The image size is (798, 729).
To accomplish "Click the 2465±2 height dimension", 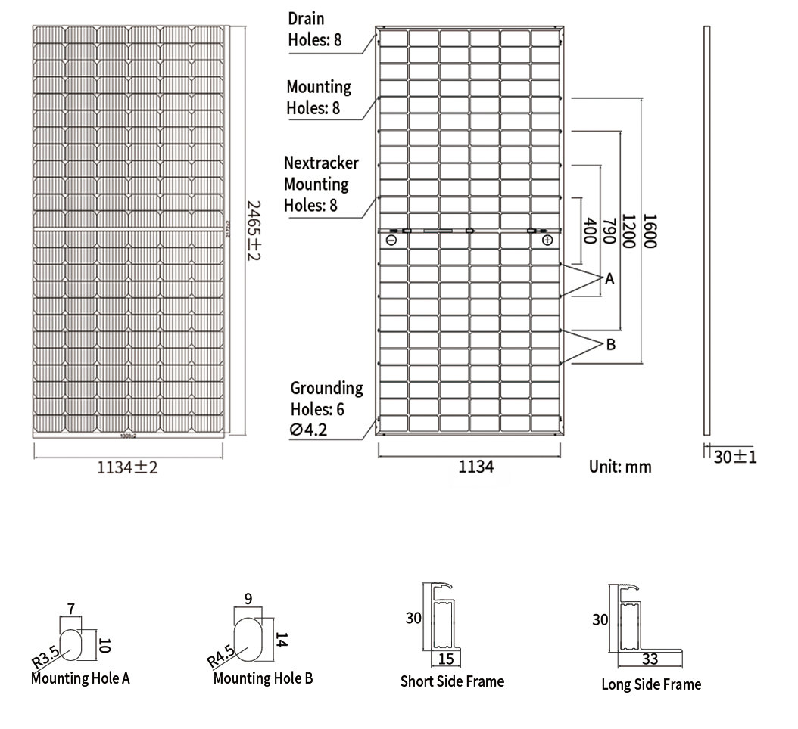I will pos(255,231).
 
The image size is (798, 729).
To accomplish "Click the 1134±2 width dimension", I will pos(127,467).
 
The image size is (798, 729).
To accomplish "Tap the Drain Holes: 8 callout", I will pos(314,29).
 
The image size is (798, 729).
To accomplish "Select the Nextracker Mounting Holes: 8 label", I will pos(321,184).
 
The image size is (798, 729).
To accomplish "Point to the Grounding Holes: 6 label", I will pos(326,399).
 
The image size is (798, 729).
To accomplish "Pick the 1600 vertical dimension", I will pos(649,231).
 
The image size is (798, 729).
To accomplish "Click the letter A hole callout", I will pos(610,279).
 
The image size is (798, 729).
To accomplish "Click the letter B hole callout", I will pos(611,345).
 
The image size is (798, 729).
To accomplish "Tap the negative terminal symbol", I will pos(391,240).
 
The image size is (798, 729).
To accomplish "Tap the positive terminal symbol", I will pos(547,240).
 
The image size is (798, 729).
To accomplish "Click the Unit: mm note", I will pos(620,466).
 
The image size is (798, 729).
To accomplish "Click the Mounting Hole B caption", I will pos(263,678).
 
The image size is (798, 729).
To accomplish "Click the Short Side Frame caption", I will pos(452,681).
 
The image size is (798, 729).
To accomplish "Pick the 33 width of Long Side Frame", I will pos(650,659).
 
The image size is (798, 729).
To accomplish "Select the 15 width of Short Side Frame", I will pos(446,659).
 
